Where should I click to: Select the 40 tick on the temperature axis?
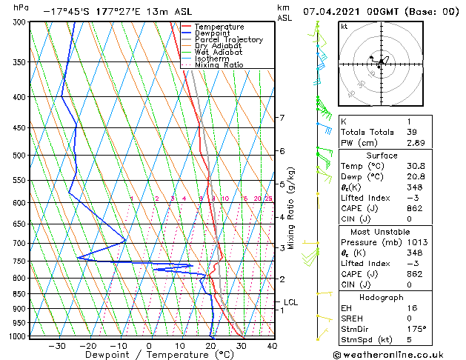pyautogui.click(x=272, y=345)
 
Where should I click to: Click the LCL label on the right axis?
pyautogui.click(x=290, y=302)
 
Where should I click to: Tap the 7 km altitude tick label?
pyautogui.click(x=282, y=118)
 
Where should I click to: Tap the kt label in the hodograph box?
pyautogui.click(x=344, y=26)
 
